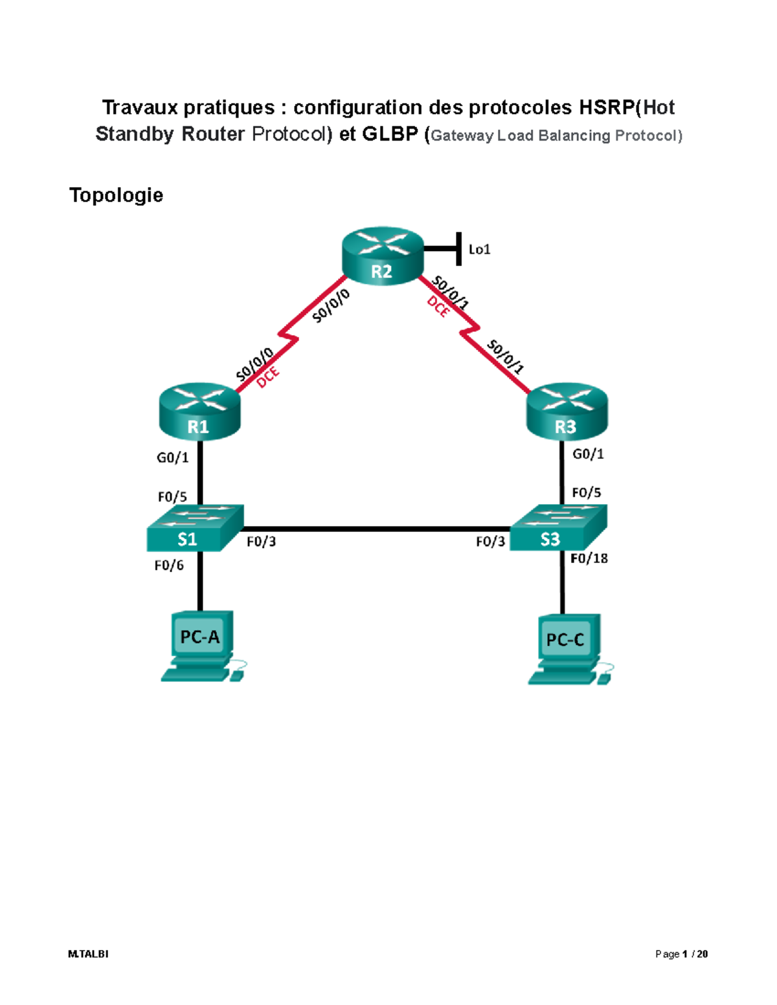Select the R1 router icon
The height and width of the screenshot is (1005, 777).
coord(199,412)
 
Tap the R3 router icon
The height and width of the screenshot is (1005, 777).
coord(567,412)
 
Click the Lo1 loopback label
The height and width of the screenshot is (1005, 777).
coord(479,249)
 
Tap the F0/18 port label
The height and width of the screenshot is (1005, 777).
coord(589,558)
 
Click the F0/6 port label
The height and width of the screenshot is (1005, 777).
coord(169,566)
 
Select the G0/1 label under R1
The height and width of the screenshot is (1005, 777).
coord(172,458)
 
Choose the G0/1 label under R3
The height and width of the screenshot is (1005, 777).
coord(588,454)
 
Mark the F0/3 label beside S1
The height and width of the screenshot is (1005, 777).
coord(261,542)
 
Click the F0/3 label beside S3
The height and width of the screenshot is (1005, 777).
coord(490,542)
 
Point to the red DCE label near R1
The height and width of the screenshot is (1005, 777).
coord(267,377)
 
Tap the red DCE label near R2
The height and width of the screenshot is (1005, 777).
coord(438,307)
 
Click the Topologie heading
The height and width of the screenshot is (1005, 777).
coord(116,195)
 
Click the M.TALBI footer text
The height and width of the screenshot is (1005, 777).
coord(88,954)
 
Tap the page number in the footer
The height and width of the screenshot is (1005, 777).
coord(681,954)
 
